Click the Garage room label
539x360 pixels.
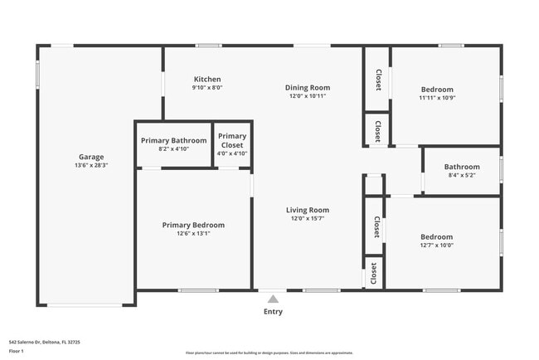click(x=91, y=157)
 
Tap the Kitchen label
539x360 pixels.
click(x=207, y=80)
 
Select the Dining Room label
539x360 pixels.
click(x=308, y=88)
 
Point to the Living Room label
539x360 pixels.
click(x=308, y=210)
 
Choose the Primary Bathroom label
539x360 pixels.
click(x=173, y=140)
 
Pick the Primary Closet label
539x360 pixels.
click(x=232, y=140)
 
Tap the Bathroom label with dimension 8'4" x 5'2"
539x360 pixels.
click(x=462, y=166)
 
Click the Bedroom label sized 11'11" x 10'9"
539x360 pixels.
click(x=437, y=90)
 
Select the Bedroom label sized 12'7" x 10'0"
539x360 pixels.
click(x=436, y=236)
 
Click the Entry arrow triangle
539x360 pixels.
click(x=273, y=299)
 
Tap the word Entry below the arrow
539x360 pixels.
click(x=273, y=312)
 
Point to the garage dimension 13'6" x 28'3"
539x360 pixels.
click(x=91, y=165)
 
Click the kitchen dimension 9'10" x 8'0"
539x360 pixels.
click(x=207, y=87)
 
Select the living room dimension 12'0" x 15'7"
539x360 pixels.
click(x=308, y=218)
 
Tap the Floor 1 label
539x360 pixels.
click(x=17, y=351)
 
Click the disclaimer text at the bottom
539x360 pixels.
click(x=269, y=353)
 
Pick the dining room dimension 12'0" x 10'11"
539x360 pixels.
click(x=308, y=96)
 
